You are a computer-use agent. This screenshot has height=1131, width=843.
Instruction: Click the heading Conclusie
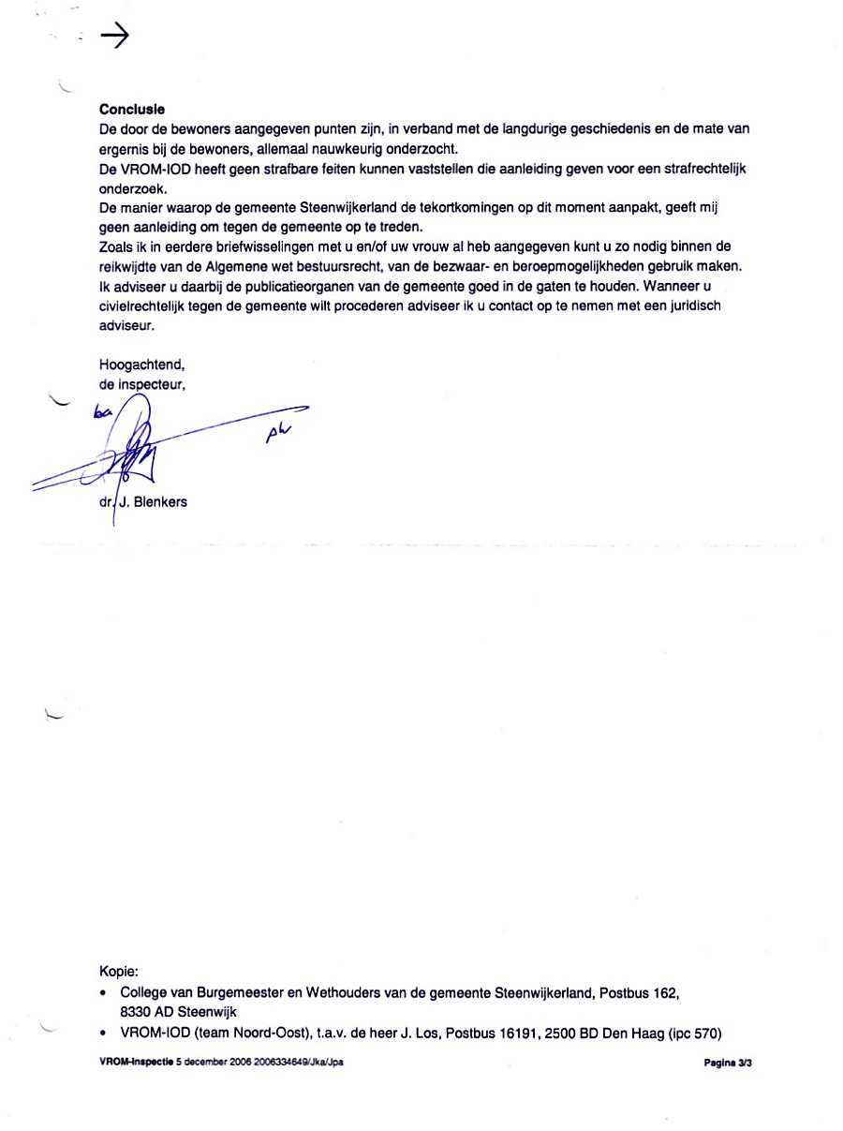[132, 110]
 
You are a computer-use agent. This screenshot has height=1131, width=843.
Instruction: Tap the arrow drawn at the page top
[113, 37]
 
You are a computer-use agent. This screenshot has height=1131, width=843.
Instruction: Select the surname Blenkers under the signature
[160, 501]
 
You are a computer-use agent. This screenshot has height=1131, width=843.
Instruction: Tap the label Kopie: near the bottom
[119, 972]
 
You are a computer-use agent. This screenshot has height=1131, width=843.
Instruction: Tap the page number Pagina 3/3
[727, 1064]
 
